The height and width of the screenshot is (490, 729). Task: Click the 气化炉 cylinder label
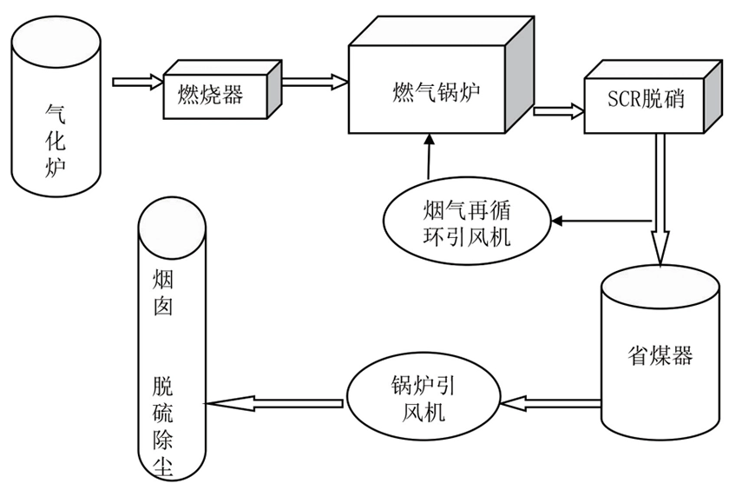pyautogui.click(x=56, y=139)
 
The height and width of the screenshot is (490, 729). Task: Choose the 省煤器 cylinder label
pyautogui.click(x=660, y=355)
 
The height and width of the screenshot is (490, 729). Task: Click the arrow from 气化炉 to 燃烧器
pyautogui.click(x=138, y=83)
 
